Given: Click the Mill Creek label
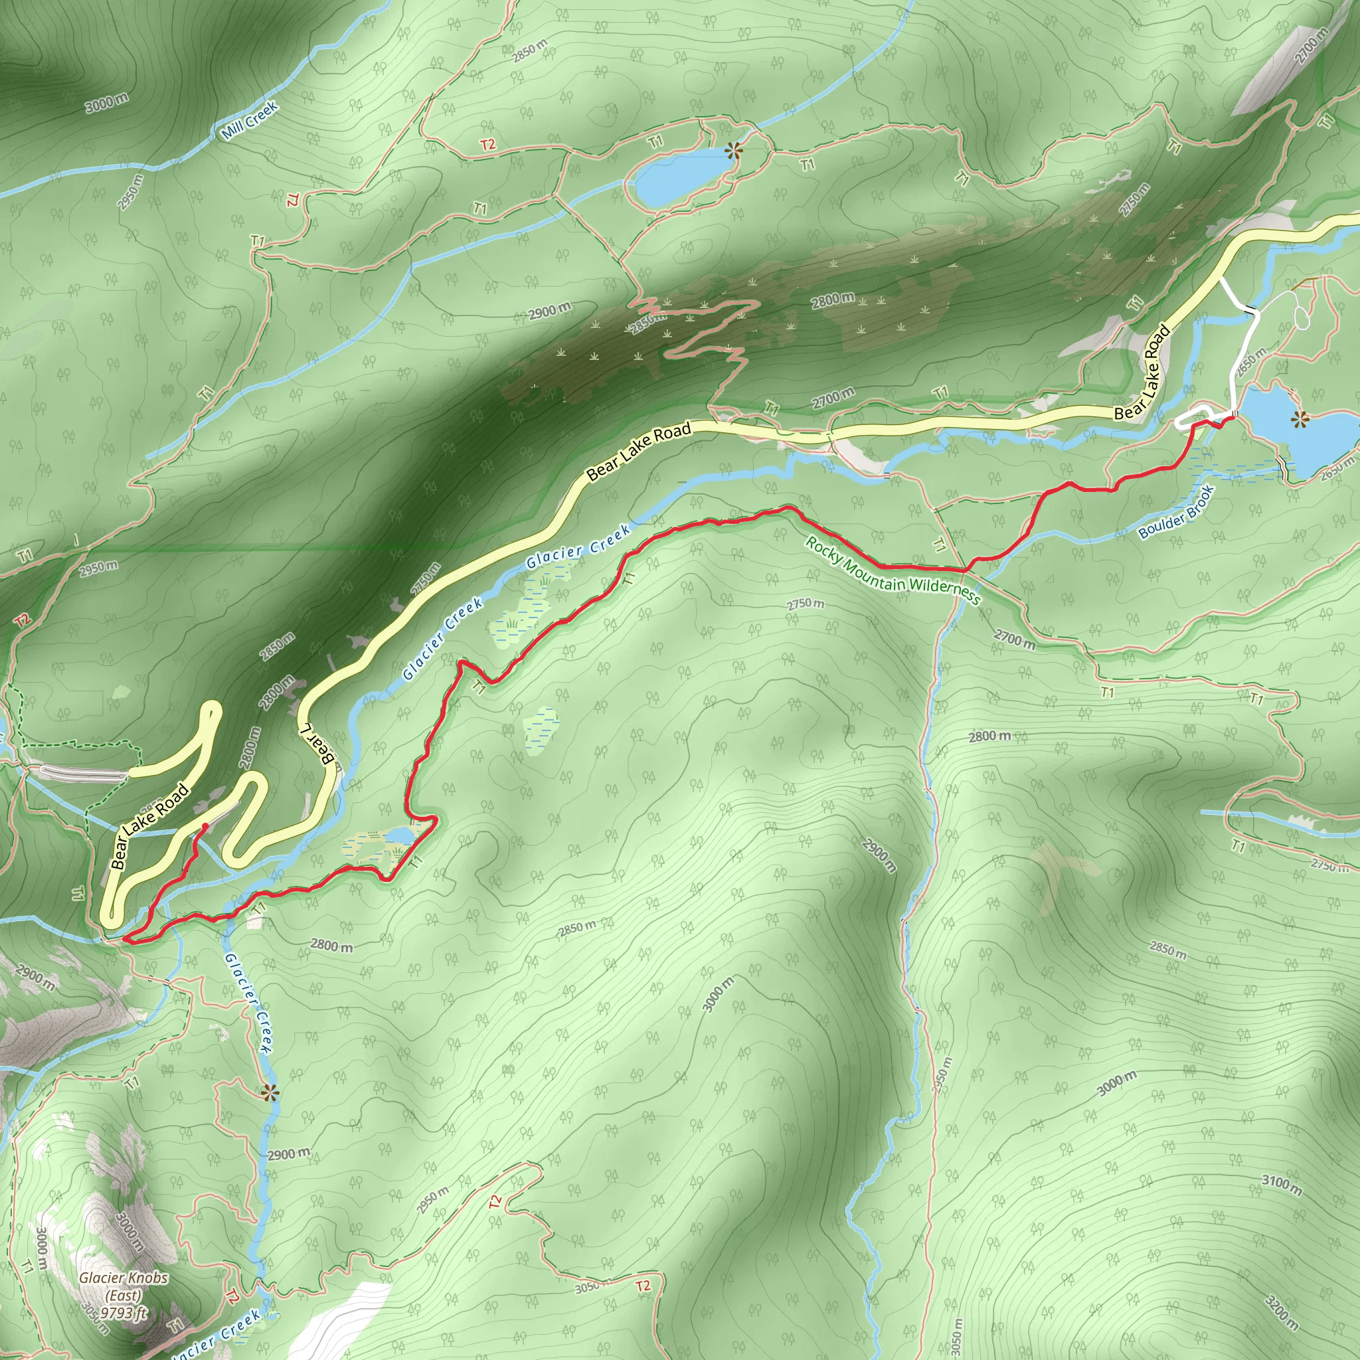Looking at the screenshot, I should pos(250,120).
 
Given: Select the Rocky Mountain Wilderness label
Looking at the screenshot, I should pos(892,572).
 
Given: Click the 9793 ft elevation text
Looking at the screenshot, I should pos(124,1312).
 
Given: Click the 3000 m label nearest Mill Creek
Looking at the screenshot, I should pos(107,103).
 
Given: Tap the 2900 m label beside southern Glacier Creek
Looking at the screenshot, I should pos(289,1154).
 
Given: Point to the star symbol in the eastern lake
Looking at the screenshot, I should pos(1300,420).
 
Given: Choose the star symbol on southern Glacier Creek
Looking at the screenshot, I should pos(268,1093).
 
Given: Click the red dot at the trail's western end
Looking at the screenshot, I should pos(204,825).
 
